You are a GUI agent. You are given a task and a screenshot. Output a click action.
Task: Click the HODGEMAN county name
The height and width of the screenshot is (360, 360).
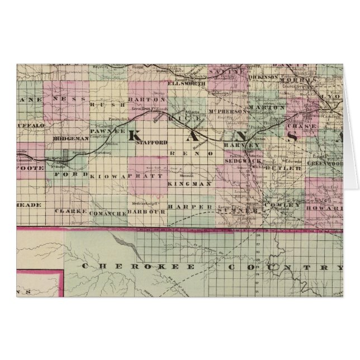click(72, 138)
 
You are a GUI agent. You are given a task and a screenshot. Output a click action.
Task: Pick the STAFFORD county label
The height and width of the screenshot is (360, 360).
click(151, 143)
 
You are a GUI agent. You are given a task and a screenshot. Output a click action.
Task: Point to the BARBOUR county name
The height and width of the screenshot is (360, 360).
click(148, 212)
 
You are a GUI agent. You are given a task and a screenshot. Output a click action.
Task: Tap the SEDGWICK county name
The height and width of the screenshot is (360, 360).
click(240, 160)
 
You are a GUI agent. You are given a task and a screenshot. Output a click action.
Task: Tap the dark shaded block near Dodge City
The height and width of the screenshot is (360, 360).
click(66, 154)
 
